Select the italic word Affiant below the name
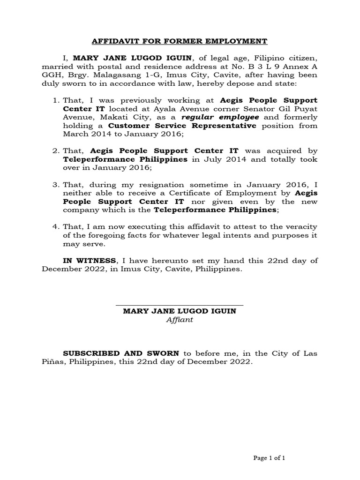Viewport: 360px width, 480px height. point(180,320)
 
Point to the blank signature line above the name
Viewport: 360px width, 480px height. point(180,305)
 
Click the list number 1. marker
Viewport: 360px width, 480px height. point(56,100)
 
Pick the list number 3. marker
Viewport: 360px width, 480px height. point(56,185)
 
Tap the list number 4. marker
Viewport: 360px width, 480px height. point(56,227)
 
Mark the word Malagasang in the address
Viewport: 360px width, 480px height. point(114,75)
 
